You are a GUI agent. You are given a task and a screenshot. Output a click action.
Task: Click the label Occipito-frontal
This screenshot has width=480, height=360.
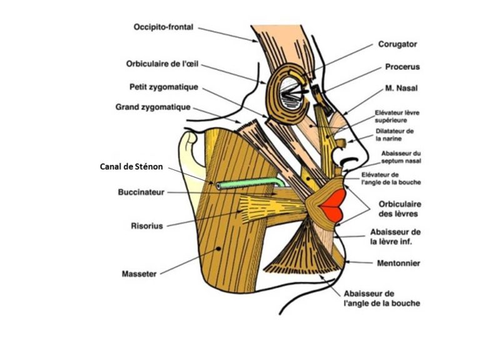[x=163, y=27]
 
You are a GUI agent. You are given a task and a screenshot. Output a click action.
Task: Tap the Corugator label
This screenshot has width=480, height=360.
[x=397, y=44]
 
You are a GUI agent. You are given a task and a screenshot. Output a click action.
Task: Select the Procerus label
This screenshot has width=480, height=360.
[x=402, y=67]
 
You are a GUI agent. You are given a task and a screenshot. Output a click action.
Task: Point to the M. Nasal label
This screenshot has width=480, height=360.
[x=401, y=88]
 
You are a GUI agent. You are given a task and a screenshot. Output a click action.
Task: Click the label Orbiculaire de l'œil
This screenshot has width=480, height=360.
[x=162, y=64]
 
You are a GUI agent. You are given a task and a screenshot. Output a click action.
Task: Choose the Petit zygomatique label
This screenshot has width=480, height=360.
[x=164, y=87]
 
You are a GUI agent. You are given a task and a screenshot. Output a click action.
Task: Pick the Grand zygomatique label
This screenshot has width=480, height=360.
[x=152, y=107]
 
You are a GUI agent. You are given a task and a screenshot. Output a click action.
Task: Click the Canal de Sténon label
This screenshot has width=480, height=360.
[x=131, y=167]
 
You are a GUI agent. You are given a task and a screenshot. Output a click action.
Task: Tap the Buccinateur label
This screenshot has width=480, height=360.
[x=141, y=192]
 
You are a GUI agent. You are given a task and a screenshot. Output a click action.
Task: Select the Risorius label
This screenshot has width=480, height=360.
[x=147, y=226]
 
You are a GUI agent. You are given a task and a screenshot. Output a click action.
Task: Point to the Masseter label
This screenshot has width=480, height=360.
[x=139, y=274]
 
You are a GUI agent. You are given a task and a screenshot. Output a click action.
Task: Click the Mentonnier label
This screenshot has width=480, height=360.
[x=399, y=263]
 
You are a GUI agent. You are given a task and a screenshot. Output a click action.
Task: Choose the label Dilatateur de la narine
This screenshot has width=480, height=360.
[x=394, y=135]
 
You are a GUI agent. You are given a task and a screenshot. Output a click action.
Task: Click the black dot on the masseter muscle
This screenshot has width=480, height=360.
[x=218, y=249]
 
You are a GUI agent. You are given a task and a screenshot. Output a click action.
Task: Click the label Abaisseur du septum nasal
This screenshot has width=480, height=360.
[x=401, y=157]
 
